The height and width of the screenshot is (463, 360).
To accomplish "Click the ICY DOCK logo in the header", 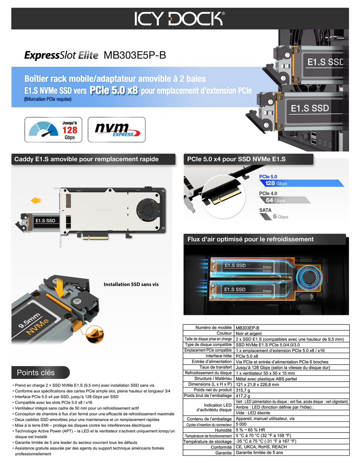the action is click(179, 19).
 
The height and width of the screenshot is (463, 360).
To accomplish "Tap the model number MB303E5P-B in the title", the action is click(135, 55).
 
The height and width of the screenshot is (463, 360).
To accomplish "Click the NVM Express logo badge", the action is click(117, 130).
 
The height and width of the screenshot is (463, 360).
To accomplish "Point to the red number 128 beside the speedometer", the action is click(70, 130).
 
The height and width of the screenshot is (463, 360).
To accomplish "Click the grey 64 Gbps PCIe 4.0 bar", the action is click(285, 200).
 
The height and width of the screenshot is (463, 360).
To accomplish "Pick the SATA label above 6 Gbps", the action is click(265, 210).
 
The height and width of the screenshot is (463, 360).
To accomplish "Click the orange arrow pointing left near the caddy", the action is click(36, 201).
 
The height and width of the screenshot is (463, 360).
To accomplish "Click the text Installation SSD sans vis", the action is click(131, 284).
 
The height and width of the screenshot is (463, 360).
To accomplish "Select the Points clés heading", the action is click(35, 372).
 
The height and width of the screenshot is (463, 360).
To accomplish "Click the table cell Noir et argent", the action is click(248, 333).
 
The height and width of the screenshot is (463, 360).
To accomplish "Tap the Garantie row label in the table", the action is click(223, 453).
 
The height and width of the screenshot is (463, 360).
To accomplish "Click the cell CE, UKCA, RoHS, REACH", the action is click(261, 447).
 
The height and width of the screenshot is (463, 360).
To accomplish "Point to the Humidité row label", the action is click(223, 430).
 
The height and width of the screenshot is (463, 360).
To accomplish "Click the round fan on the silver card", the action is click(148, 210).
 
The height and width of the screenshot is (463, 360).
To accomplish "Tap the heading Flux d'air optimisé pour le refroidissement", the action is click(250, 239).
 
